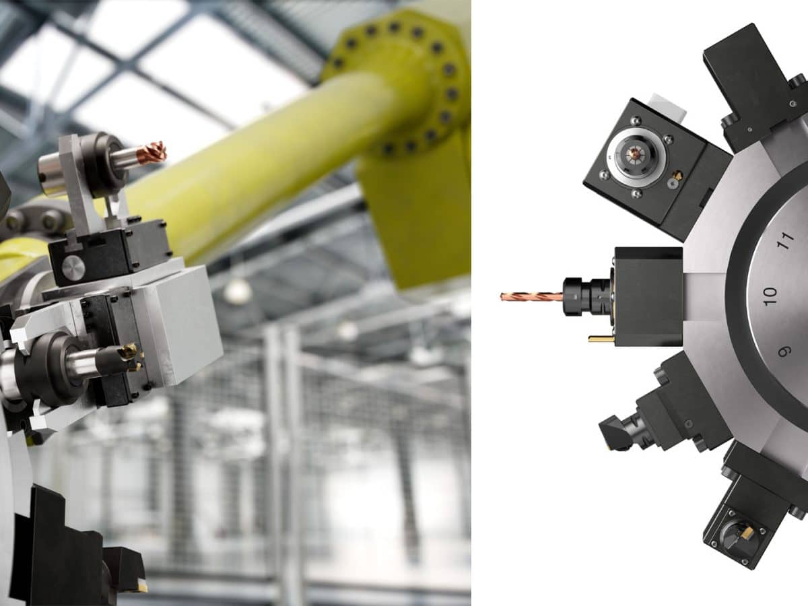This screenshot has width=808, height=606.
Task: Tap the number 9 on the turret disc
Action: (784, 351)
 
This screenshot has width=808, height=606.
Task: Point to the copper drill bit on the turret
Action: (531, 296)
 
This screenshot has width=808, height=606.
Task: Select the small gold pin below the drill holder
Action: (601, 339)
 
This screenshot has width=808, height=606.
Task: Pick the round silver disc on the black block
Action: (73, 267)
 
